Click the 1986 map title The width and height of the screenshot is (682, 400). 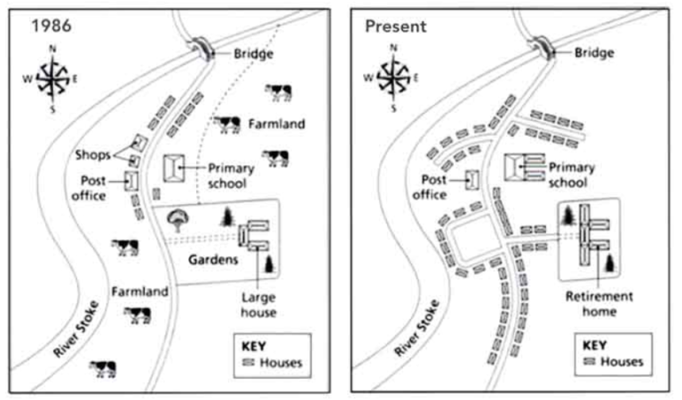(x=52, y=26)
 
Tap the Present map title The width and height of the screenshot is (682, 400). (x=396, y=26)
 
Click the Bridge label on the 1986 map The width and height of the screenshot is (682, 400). (x=254, y=54)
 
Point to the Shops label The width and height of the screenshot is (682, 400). (x=92, y=154)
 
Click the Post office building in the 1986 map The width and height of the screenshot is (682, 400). (x=131, y=181)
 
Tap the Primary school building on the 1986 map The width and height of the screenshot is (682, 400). (x=173, y=169)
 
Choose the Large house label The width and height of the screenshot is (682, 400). (x=258, y=305)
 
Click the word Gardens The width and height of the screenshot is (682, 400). (x=213, y=260)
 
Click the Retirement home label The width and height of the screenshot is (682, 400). (x=599, y=303)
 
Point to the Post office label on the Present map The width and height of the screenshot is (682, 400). (x=430, y=187)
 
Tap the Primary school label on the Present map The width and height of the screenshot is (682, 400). (x=571, y=175)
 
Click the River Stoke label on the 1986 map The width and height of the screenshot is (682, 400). (x=76, y=329)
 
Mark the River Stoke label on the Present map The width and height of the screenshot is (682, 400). (x=416, y=328)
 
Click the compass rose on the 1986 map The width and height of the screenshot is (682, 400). (x=52, y=79)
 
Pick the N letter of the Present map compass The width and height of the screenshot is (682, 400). (x=393, y=47)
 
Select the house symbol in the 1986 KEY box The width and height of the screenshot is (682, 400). (x=248, y=362)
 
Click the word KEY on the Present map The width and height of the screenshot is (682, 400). (x=594, y=346)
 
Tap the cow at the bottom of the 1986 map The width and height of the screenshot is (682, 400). (x=103, y=368)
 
